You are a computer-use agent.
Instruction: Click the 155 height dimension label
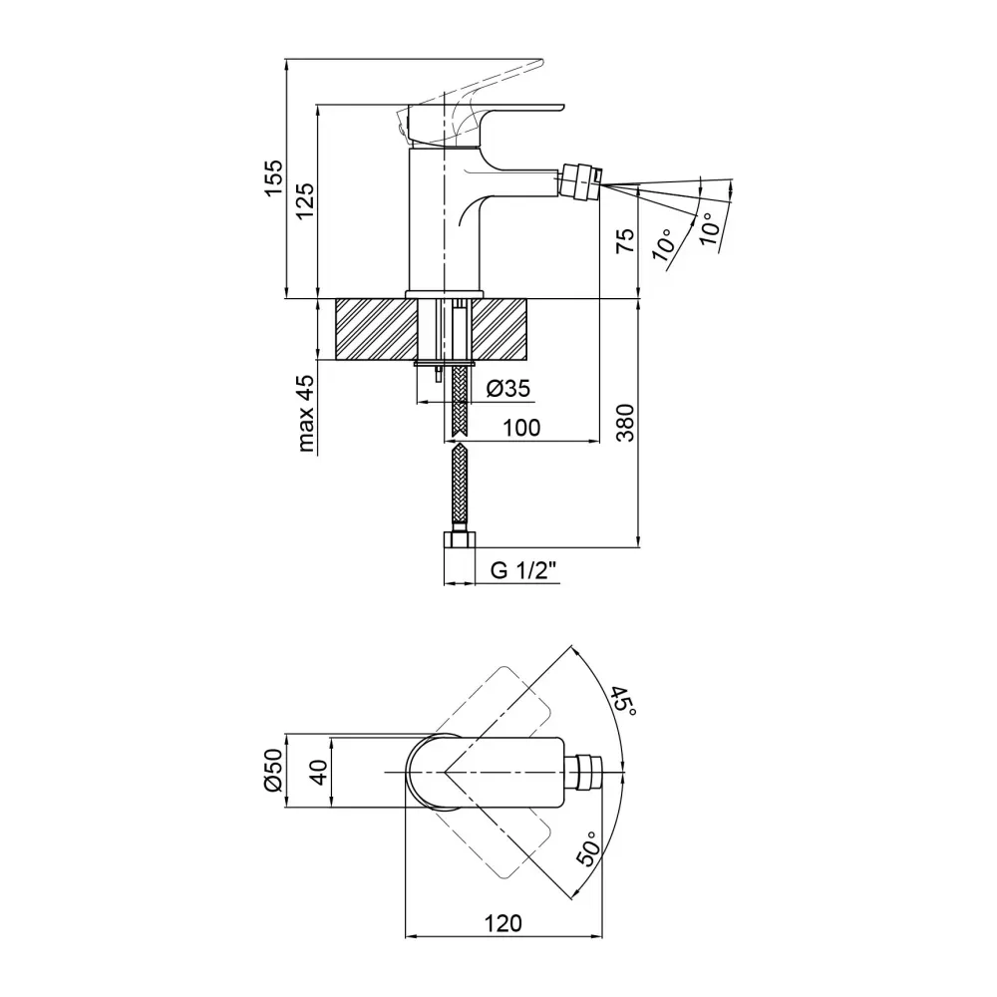tap(273, 178)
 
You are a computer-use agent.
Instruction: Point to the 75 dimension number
tap(626, 240)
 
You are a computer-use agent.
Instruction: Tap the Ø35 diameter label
tap(508, 388)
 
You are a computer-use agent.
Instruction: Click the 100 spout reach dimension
tap(521, 428)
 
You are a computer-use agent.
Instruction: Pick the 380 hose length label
tap(626, 422)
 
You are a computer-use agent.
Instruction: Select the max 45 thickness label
tap(305, 414)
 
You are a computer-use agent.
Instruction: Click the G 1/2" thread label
tap(523, 571)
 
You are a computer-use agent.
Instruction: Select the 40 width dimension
tap(319, 772)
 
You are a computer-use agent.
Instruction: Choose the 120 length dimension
tap(502, 922)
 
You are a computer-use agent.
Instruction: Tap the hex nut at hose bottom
tap(459, 540)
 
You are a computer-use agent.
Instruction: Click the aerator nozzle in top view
tap(583, 773)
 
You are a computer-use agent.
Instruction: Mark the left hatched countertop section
tap(376, 329)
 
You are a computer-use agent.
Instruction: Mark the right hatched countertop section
tap(503, 329)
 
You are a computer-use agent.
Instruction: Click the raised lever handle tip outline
tap(527, 64)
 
